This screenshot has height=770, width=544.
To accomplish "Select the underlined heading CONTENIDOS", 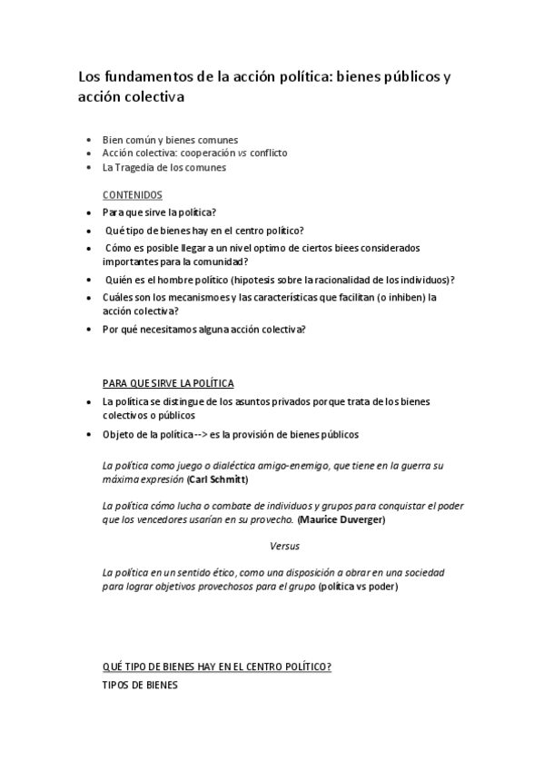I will pos(133,194).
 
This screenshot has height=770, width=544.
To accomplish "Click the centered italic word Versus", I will pos(284,546).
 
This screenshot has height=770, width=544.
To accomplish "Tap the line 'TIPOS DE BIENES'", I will pos(141,685).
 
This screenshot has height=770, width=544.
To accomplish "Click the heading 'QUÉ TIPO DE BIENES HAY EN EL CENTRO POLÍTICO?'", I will pos(217,667).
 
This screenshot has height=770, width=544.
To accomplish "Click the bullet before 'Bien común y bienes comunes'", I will pos(87,141).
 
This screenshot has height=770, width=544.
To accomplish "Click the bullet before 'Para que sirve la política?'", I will pos(87,212).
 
